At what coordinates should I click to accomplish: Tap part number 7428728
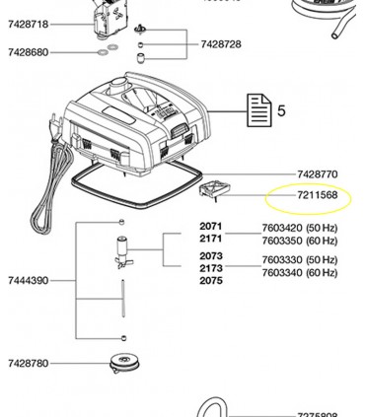(220, 44)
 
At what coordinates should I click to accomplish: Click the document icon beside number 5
(258, 109)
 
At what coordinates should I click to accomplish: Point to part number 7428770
(317, 174)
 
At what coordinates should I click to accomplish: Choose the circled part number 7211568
(317, 195)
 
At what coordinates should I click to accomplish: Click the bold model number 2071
(211, 227)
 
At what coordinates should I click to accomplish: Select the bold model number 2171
(211, 239)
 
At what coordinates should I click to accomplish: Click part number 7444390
(28, 281)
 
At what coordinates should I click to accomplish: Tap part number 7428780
(28, 364)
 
